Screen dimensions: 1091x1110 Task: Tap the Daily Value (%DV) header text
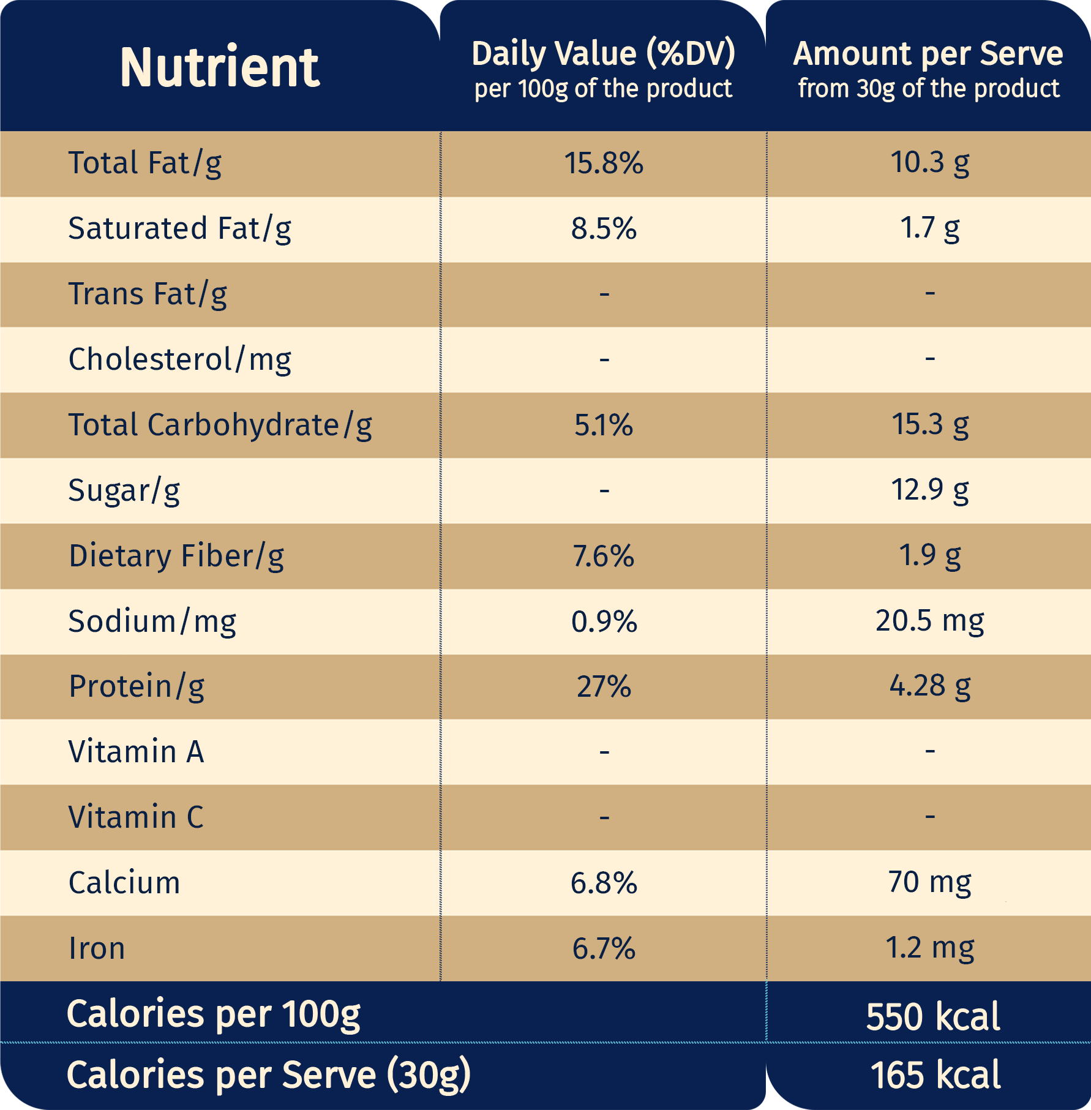[603, 53]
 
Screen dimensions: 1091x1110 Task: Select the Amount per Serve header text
[928, 53]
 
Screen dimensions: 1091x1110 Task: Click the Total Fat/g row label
[144, 163]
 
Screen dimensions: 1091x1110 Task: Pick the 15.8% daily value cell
[604, 163]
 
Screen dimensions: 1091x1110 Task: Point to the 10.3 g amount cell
[930, 163]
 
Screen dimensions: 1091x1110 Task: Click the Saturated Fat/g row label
[179, 229]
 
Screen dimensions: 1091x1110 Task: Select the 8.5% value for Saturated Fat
[604, 229]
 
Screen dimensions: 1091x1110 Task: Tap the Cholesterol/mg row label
[179, 359]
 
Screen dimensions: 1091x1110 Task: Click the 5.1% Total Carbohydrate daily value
[604, 425]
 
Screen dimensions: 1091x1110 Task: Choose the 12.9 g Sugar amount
[930, 490]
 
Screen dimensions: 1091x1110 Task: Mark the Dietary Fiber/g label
[176, 556]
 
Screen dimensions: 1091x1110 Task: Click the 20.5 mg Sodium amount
[930, 621]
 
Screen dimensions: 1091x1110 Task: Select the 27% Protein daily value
[604, 686]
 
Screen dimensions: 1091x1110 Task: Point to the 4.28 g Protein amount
[930, 686]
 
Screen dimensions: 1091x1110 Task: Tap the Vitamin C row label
[136, 817]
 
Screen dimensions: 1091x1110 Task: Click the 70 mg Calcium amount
[930, 882]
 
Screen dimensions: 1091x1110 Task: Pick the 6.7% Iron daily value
[604, 948]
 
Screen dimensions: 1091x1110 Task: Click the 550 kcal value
[933, 1016]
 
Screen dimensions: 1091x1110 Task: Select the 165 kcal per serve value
[935, 1075]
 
